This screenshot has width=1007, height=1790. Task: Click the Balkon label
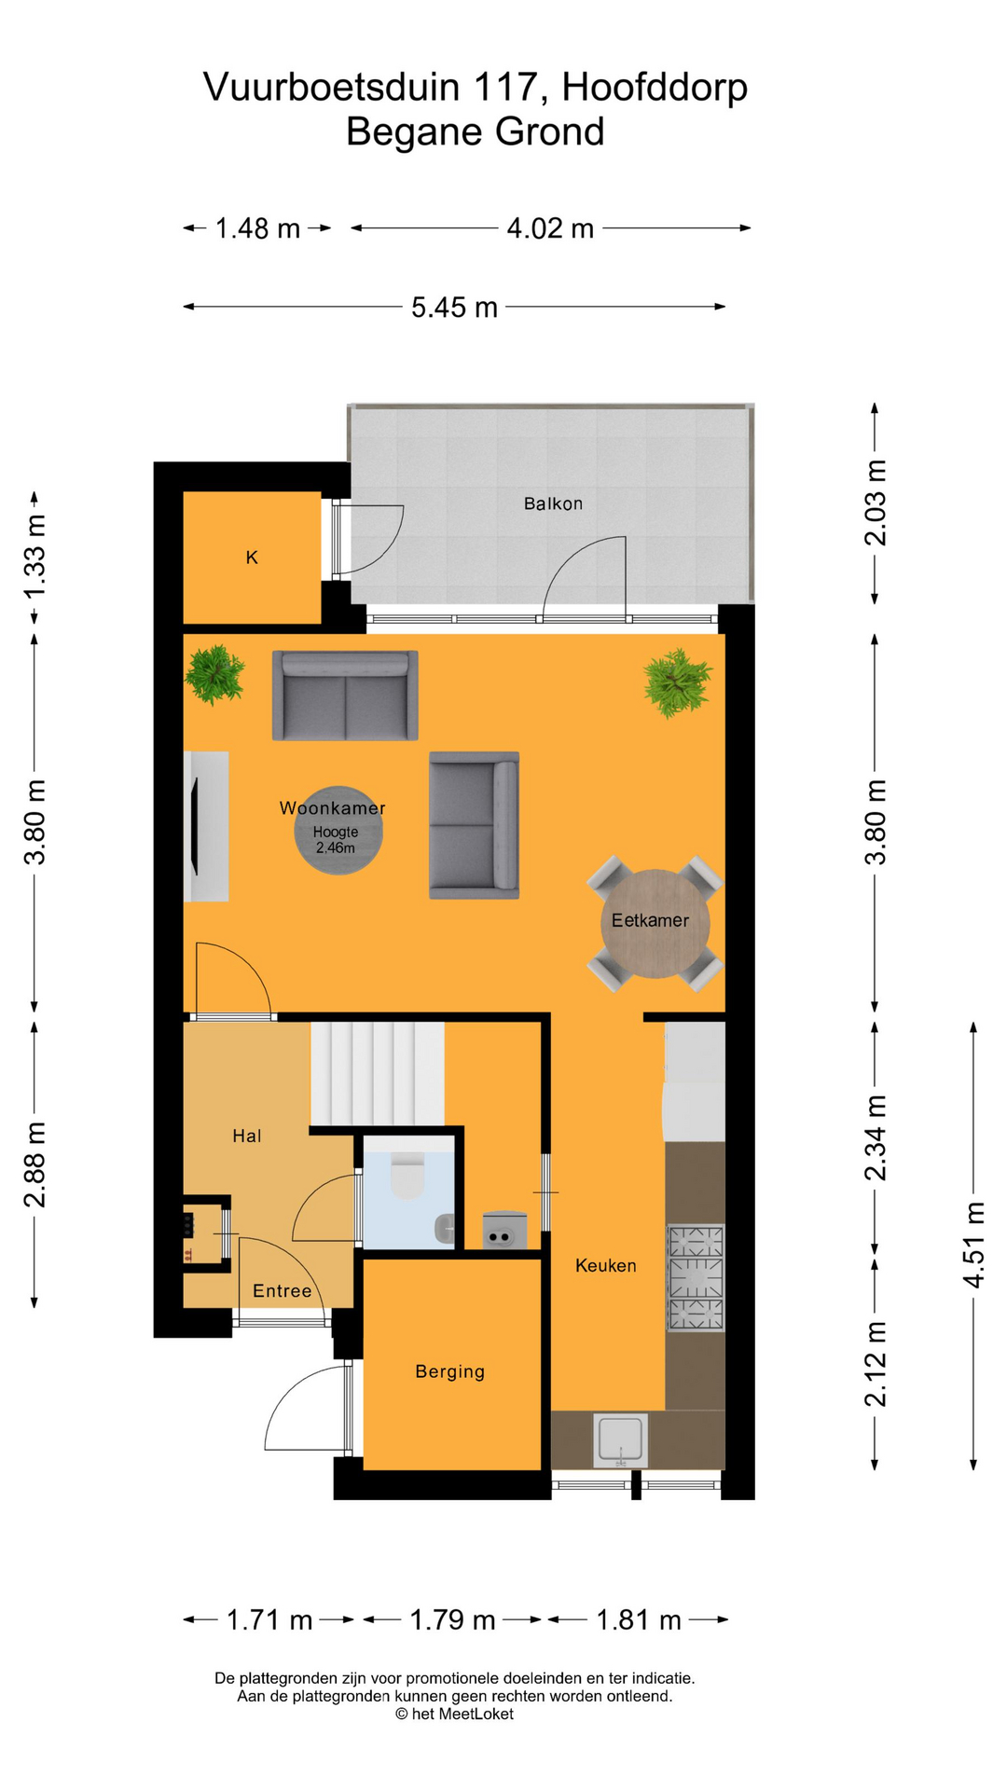[553, 503]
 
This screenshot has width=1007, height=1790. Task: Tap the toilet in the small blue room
[407, 1177]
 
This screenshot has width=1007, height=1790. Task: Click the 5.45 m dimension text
[454, 307]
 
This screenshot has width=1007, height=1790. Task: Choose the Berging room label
[449, 1371]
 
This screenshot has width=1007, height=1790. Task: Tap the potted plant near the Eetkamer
[677, 682]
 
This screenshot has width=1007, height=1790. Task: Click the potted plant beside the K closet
[214, 673]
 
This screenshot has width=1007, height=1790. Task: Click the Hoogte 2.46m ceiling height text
[336, 840]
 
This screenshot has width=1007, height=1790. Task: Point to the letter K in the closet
[252, 558]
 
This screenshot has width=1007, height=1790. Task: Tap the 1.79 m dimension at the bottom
[452, 1620]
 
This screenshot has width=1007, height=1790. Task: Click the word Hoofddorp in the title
[655, 88]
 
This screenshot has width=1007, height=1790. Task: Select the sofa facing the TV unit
[474, 825]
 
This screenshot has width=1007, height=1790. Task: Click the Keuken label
[605, 1266]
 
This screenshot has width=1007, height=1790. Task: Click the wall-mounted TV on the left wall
[195, 826]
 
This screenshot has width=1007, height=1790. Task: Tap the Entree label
[282, 1291]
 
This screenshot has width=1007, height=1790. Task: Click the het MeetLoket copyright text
[454, 1714]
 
